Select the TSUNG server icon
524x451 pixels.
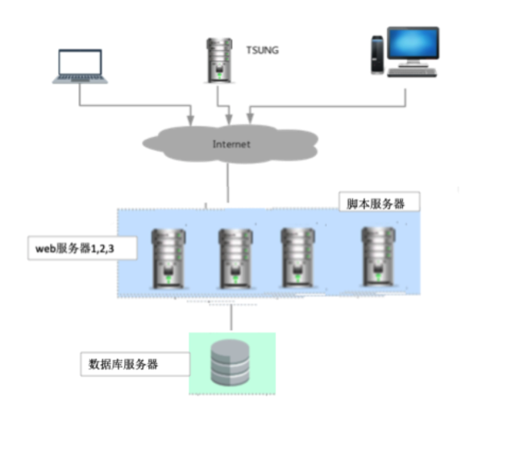pyautogui.click(x=216, y=59)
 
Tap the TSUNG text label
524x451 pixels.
pyautogui.click(x=262, y=50)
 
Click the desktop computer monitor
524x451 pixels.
pyautogui.click(x=413, y=46)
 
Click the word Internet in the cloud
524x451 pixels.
pyautogui.click(x=231, y=144)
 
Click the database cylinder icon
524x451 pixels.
pyautogui.click(x=231, y=363)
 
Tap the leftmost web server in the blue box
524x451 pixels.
pyautogui.click(x=169, y=258)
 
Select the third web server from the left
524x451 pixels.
pyautogui.click(x=296, y=257)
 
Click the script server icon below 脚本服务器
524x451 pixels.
pyautogui.click(x=377, y=256)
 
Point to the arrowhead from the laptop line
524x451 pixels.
pyautogui.click(x=191, y=120)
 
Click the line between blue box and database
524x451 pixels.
pyautogui.click(x=231, y=317)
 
